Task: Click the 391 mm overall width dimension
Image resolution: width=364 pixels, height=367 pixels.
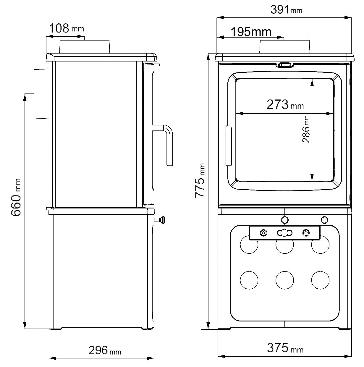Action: click(x=286, y=10)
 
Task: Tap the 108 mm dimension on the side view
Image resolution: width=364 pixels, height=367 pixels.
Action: click(x=66, y=28)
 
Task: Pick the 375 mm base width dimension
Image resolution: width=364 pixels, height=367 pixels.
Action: click(x=285, y=348)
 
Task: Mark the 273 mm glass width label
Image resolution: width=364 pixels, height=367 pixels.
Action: click(x=285, y=105)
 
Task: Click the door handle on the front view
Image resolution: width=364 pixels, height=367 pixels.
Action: click(x=228, y=145)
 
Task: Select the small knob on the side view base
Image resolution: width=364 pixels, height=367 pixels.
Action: click(x=162, y=219)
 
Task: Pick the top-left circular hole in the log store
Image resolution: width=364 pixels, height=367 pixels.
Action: click(x=249, y=245)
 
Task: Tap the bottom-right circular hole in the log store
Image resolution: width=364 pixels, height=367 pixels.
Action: click(x=320, y=279)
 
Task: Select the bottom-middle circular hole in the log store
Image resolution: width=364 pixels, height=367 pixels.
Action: click(x=284, y=279)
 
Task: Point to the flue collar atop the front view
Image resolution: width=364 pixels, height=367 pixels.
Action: click(x=285, y=47)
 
